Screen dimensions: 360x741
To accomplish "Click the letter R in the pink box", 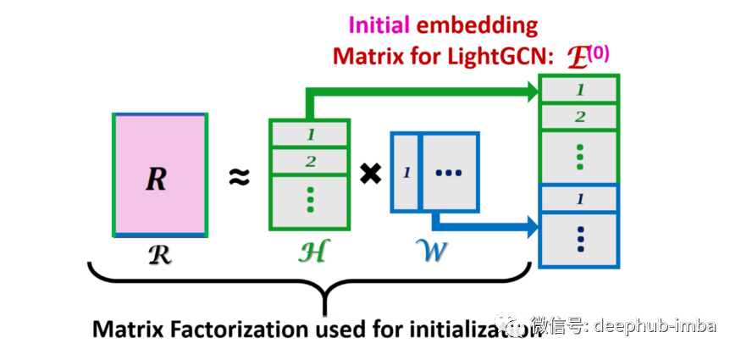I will (157, 179).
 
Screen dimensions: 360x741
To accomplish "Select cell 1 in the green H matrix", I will (310, 134).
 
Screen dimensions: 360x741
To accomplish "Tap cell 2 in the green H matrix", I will (310, 161).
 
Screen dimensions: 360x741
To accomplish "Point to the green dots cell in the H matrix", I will (310, 201).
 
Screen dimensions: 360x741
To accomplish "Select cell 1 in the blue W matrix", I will (406, 173).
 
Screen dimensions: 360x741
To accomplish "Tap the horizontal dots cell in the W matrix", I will (449, 173).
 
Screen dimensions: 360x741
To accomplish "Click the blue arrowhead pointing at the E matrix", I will (533, 226).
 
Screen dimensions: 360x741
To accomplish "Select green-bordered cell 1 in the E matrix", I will (579, 90).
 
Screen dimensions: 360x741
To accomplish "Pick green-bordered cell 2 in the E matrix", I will (579, 117).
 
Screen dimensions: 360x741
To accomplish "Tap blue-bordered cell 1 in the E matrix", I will (579, 199).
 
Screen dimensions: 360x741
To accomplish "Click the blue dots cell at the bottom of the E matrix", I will (579, 239).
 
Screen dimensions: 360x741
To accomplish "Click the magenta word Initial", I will (379, 25).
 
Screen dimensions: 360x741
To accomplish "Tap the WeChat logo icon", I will (510, 324).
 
